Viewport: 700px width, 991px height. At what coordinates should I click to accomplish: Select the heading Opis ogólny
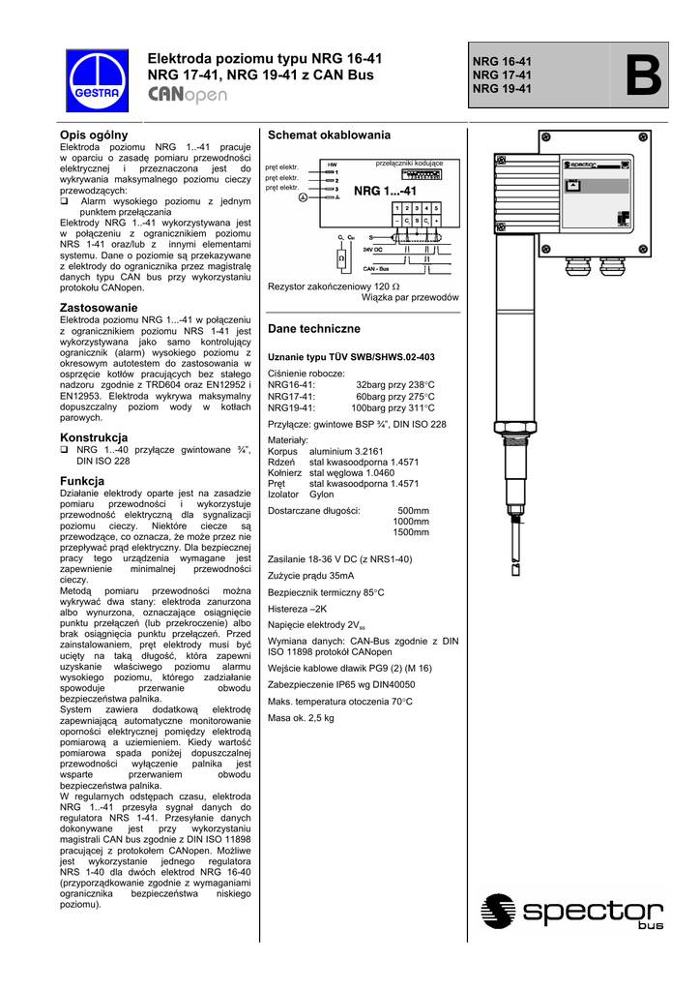click(x=94, y=134)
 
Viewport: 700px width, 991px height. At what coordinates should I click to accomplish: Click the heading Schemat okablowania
click(x=329, y=135)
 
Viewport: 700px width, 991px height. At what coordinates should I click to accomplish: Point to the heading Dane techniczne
click(x=313, y=329)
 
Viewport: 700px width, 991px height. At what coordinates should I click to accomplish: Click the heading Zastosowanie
click(x=98, y=307)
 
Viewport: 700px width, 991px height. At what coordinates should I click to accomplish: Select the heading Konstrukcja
click(x=94, y=437)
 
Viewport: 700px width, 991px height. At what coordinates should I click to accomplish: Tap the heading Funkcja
click(x=82, y=481)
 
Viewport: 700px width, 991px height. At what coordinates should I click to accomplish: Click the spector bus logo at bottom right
click(x=572, y=912)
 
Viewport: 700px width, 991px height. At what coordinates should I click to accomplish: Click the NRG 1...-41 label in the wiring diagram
click(x=385, y=192)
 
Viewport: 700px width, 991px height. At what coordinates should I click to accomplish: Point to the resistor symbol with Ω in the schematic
click(x=341, y=259)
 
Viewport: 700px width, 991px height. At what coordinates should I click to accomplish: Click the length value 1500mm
click(x=411, y=532)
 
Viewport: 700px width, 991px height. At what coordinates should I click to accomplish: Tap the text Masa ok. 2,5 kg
click(x=301, y=718)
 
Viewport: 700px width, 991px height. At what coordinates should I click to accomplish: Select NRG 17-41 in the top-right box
click(x=502, y=75)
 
